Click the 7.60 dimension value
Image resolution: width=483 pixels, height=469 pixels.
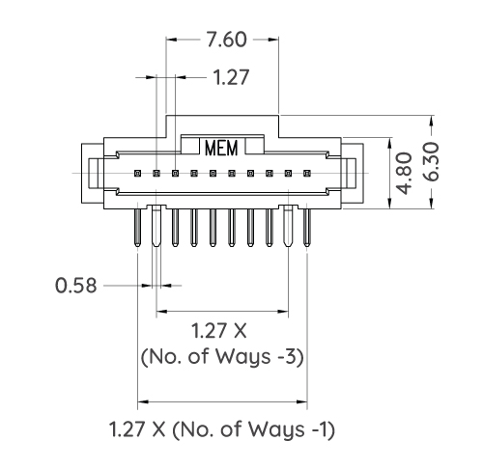click(223, 41)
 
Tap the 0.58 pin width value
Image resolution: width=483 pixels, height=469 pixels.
click(75, 286)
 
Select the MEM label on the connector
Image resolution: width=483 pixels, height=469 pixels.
click(223, 149)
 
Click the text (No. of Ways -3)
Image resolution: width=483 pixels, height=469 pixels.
click(223, 357)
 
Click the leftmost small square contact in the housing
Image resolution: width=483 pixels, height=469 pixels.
click(138, 174)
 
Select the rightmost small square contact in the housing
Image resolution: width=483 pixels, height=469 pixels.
click(307, 174)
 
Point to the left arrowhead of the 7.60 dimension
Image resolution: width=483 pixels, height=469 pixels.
click(172, 41)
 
